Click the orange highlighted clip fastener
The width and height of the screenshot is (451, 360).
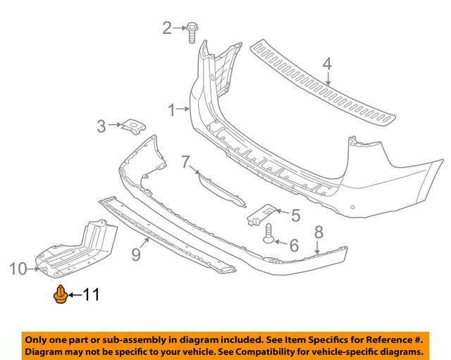tap(61, 294)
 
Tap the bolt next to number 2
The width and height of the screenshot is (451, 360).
tap(192, 32)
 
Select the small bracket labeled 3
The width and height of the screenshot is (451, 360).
tap(133, 126)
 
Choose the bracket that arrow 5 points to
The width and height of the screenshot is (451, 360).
tap(261, 214)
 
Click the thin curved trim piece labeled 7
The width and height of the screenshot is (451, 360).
tap(222, 189)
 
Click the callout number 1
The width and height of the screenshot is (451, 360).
tap(172, 111)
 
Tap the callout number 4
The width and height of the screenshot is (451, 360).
tap(327, 64)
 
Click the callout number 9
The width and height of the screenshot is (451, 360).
tap(136, 254)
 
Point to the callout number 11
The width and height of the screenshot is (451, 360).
tap(91, 294)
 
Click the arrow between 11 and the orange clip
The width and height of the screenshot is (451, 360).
tap(75, 294)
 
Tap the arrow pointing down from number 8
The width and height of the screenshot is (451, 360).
tap(317, 247)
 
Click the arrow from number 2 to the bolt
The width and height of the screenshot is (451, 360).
tap(179, 28)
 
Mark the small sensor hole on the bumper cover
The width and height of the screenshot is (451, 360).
tap(352, 207)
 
